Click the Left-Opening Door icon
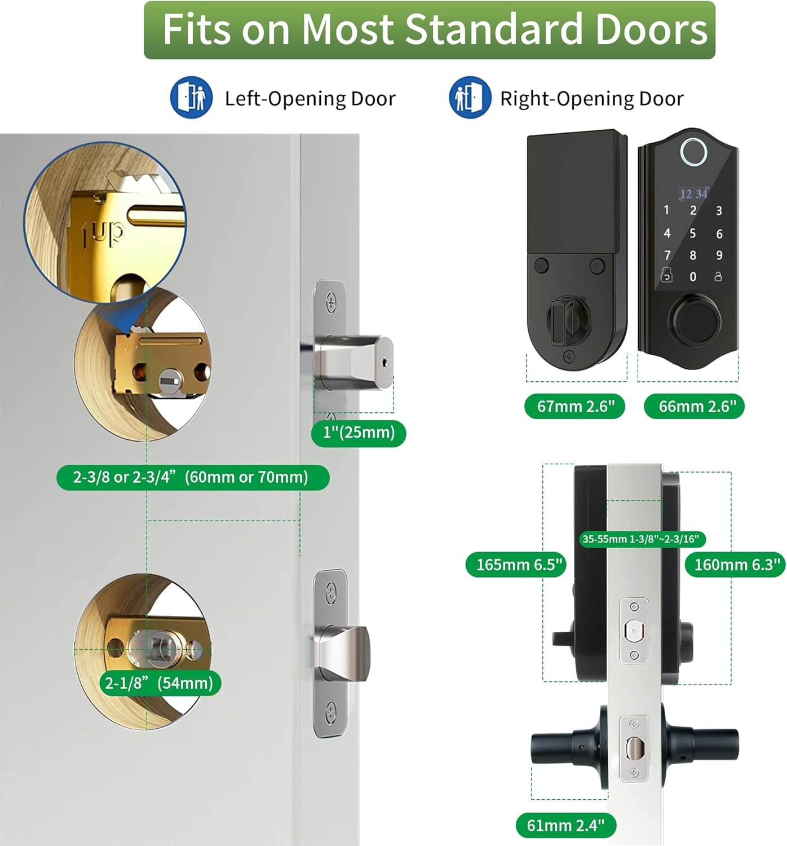pos(191,97)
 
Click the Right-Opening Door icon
pos(470,97)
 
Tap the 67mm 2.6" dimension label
pos(575,407)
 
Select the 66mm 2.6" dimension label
pos(694,407)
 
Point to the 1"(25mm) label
pos(359,433)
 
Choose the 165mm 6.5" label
pos(516,565)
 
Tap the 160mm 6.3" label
pos(736,565)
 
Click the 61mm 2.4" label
pos(566,825)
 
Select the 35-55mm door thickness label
pos(642,539)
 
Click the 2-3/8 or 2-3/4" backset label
pos(193,478)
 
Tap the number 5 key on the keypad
pos(693,233)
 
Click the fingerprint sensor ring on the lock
pos(694,151)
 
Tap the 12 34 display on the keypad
pos(694,194)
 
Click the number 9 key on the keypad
pos(719,255)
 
